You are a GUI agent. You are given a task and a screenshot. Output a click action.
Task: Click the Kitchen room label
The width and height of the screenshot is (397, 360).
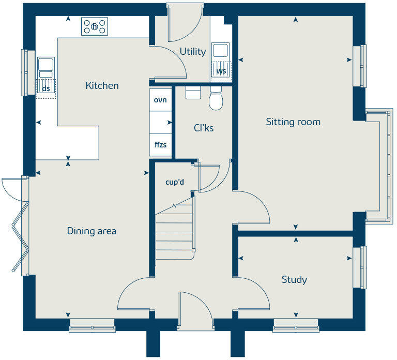point(102,85)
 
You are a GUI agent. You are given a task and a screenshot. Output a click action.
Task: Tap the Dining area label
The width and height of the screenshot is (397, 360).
point(91,231)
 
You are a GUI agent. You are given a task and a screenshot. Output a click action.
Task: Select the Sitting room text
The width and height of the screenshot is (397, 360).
point(293,122)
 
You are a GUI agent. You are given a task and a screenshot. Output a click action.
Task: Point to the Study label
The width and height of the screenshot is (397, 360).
point(294,280)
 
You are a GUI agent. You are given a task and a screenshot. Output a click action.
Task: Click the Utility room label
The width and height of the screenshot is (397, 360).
point(193,51)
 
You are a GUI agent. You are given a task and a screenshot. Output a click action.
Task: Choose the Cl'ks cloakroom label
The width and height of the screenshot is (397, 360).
point(204,128)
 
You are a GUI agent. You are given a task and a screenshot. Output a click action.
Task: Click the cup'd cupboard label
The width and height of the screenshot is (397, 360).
point(175,182)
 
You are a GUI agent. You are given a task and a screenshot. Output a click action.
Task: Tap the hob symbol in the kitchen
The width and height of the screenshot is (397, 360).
point(95,26)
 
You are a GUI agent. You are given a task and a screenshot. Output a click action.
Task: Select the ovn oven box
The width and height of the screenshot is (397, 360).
point(160,100)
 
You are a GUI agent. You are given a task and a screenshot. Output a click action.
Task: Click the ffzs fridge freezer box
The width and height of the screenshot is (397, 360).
point(160,145)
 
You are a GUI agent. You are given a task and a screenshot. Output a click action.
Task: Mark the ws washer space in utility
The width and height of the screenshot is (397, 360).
point(221,71)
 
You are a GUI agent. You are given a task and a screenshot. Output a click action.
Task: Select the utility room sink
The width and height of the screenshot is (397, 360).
point(221,51)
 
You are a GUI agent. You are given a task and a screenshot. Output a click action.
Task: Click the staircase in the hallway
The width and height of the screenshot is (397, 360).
point(175,233)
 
